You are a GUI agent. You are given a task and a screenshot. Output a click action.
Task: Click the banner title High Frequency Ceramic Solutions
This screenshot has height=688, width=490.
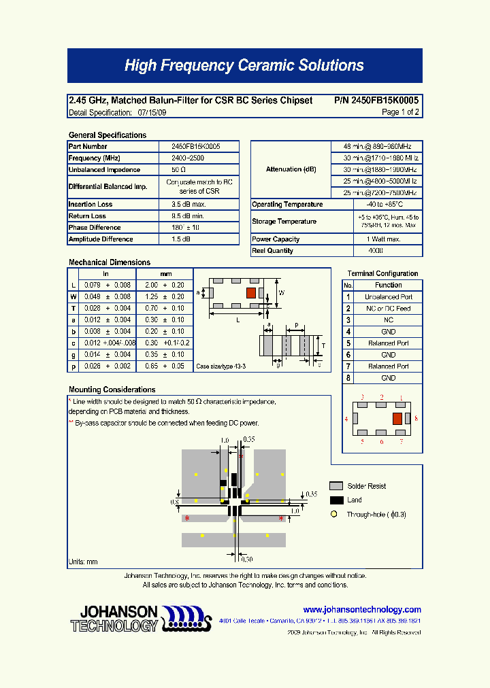[x=244, y=66]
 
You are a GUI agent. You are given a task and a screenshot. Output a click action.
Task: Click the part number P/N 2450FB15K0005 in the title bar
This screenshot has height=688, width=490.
[x=376, y=101]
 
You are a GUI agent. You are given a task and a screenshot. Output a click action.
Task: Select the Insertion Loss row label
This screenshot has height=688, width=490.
[x=91, y=205]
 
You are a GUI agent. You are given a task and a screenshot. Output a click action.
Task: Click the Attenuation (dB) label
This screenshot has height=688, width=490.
[x=291, y=169]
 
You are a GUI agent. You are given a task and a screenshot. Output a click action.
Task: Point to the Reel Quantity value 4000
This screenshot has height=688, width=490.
[x=375, y=251]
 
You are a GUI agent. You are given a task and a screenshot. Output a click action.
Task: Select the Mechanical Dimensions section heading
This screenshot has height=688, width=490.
[x=110, y=262]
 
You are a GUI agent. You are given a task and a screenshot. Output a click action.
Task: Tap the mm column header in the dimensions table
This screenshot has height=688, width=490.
[x=165, y=274]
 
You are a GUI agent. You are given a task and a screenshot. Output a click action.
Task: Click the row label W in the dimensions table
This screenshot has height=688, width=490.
[x=73, y=297]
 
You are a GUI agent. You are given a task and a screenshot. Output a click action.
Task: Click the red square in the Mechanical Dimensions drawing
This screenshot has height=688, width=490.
[x=251, y=292]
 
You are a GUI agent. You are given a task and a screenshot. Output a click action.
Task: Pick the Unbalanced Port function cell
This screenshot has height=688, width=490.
[x=388, y=297]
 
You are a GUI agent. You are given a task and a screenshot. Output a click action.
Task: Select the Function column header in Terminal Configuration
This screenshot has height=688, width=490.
[x=388, y=286]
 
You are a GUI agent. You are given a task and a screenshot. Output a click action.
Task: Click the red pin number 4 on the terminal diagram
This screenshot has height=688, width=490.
[x=346, y=419]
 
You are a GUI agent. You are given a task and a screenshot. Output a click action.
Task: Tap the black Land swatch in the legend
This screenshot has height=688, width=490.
[x=336, y=500]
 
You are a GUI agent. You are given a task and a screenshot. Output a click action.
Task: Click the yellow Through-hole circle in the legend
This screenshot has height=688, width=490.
[x=334, y=515]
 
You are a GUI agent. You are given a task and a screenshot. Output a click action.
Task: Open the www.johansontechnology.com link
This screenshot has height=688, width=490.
[x=361, y=610]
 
